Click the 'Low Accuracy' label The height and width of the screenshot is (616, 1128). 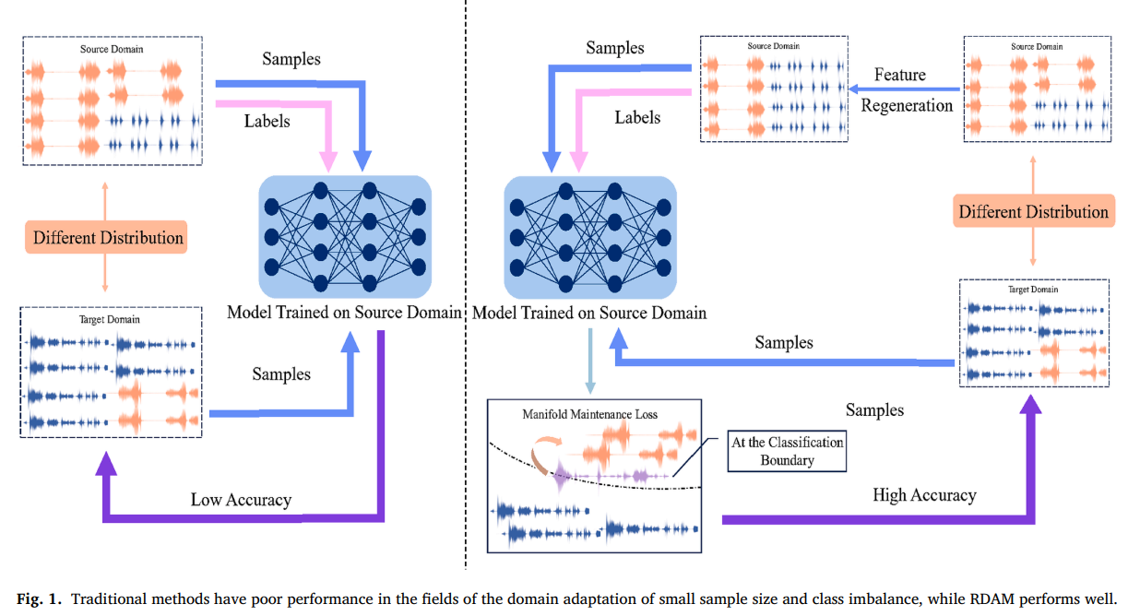click(241, 500)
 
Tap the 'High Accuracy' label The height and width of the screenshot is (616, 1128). click(924, 495)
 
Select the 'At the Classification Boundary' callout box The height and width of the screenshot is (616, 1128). click(787, 451)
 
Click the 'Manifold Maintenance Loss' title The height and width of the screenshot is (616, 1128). click(589, 414)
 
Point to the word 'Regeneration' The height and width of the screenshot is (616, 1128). click(907, 106)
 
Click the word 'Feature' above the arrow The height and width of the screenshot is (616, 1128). click(900, 75)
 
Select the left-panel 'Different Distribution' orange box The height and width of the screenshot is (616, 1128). click(106, 237)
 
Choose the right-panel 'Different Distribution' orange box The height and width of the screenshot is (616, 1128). click(1034, 211)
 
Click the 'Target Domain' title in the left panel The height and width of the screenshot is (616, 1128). click(109, 319)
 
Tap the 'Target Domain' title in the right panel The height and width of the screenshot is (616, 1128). click(1033, 290)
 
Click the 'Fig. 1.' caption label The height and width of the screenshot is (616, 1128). click(39, 599)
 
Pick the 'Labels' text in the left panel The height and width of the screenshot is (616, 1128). click(267, 122)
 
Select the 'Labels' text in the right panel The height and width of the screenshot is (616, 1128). click(637, 117)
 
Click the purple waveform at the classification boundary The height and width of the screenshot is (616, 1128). click(611, 475)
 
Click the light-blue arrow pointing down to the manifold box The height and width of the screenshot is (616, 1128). click(590, 361)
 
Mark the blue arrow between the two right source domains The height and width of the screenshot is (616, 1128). click(905, 89)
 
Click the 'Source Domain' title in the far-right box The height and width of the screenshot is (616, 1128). click(1037, 47)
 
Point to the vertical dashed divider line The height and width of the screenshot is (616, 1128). click(465, 285)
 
